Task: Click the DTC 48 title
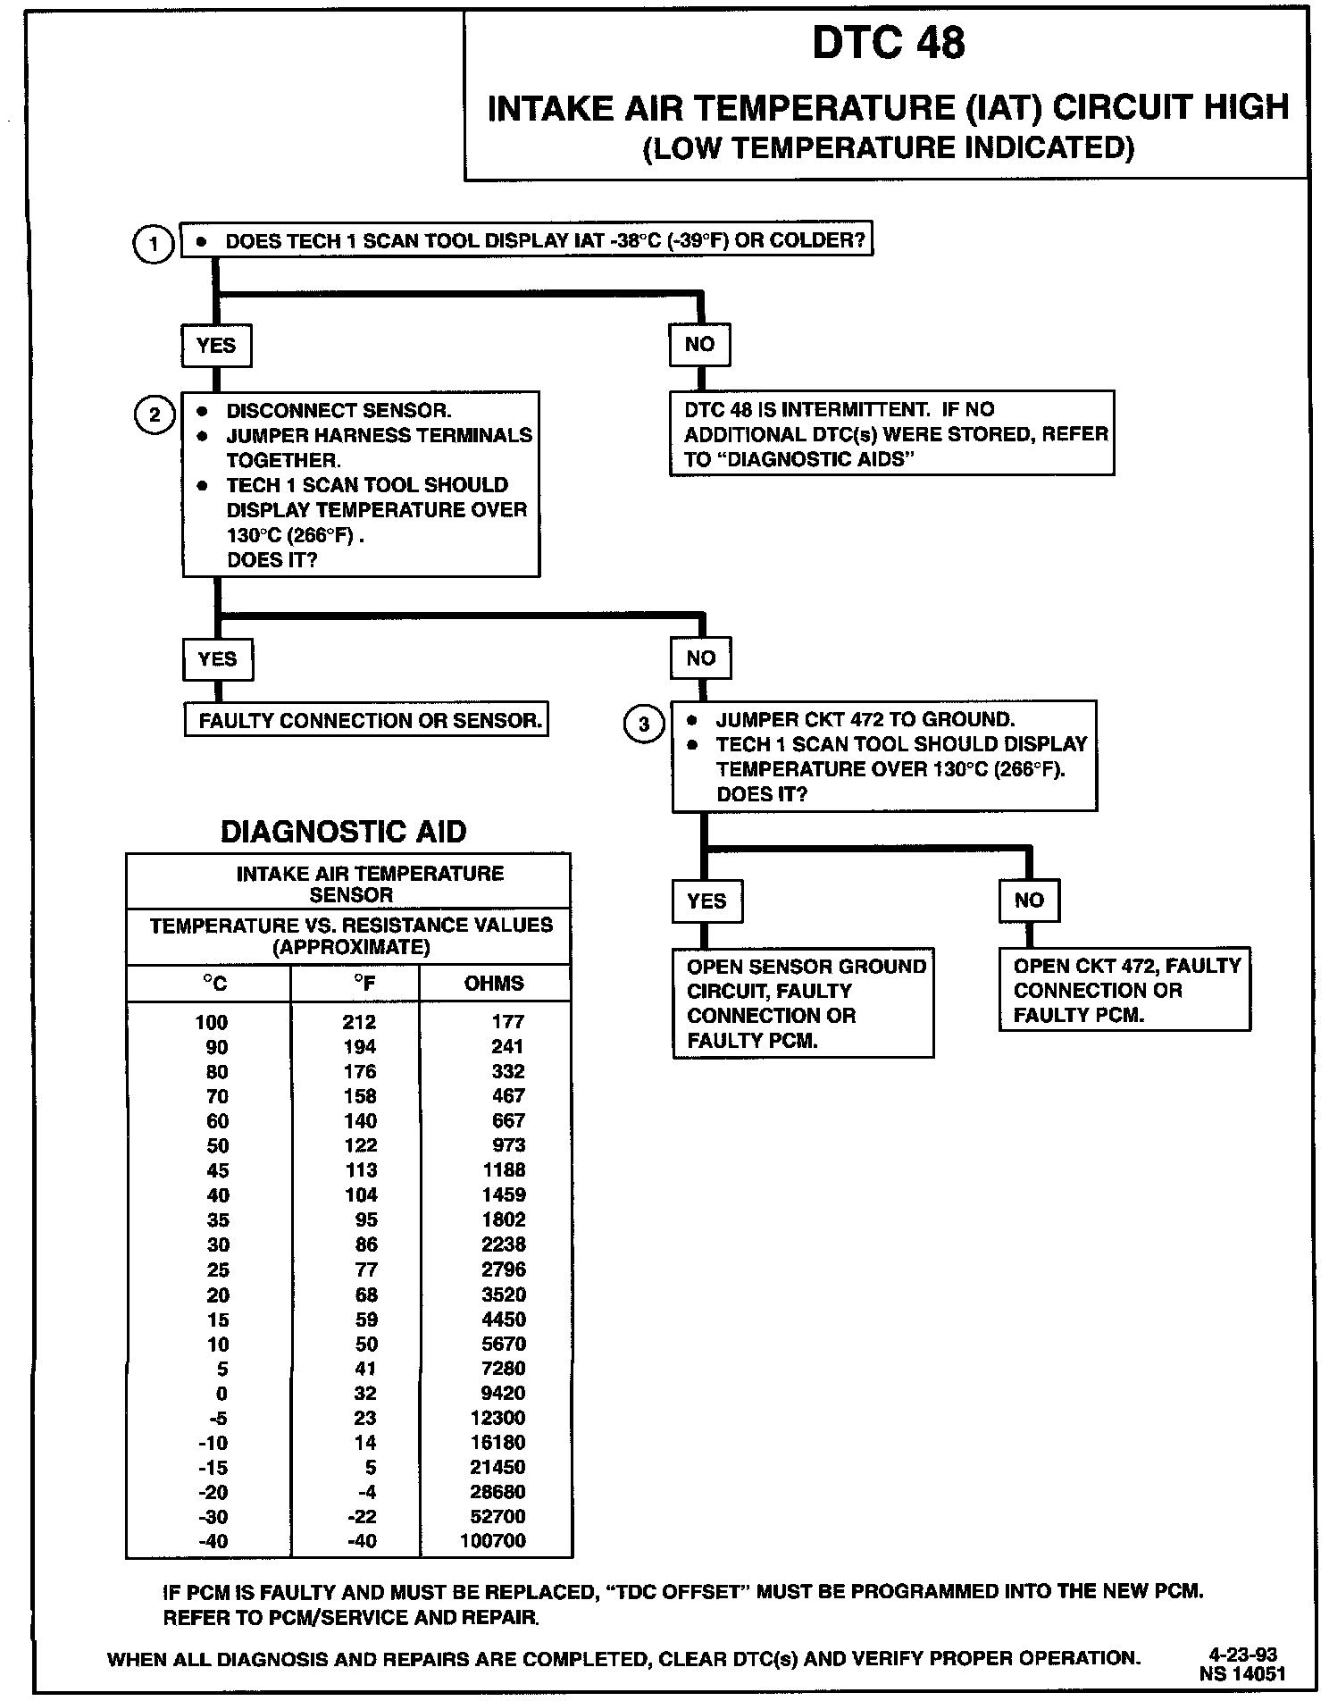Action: (x=888, y=44)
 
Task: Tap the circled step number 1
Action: (x=154, y=244)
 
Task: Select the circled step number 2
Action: (x=155, y=415)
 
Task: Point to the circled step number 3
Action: (x=644, y=724)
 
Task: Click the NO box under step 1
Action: (x=699, y=345)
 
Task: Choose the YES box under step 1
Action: (x=216, y=346)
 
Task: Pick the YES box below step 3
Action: (x=706, y=901)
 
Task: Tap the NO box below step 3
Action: (x=1029, y=901)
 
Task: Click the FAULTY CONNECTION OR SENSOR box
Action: (x=366, y=720)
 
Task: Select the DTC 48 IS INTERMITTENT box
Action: (x=891, y=434)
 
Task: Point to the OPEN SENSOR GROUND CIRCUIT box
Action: (x=803, y=1003)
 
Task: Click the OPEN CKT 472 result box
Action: (x=1124, y=990)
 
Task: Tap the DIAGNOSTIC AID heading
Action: (x=344, y=832)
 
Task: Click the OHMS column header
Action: (x=494, y=984)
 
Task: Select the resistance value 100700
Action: (x=493, y=1541)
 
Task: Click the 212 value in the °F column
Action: (x=359, y=1022)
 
